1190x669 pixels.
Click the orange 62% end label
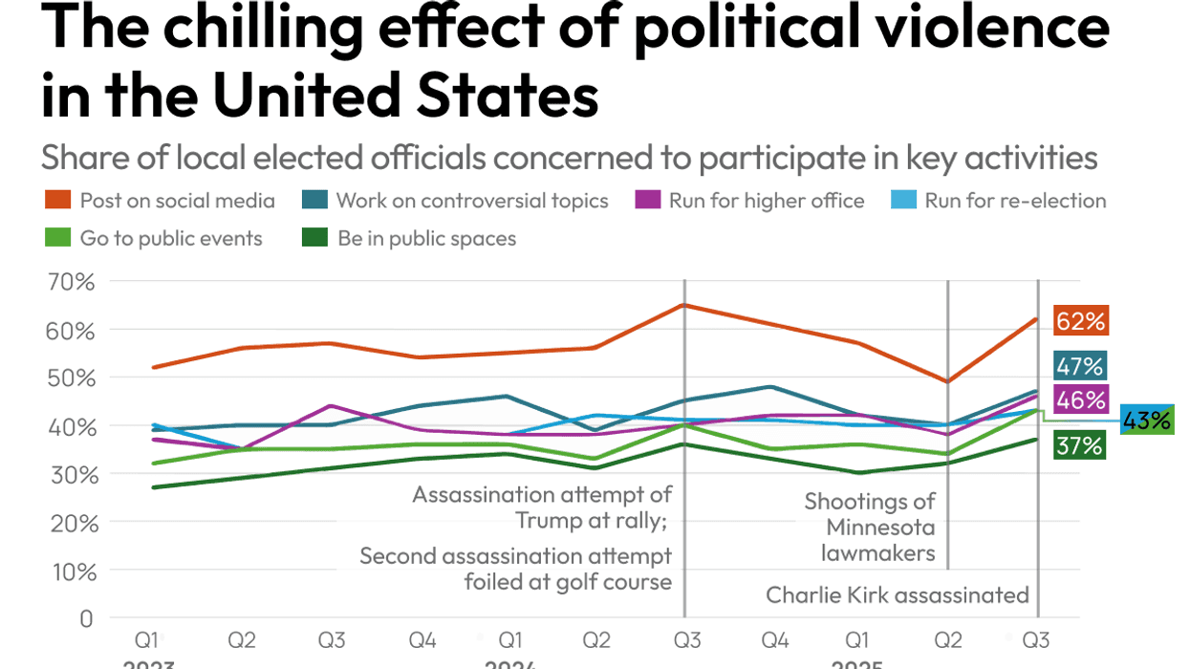(x=1080, y=321)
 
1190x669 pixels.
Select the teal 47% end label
(x=1080, y=366)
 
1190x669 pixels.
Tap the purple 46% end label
(x=1080, y=399)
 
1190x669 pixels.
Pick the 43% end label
(x=1146, y=421)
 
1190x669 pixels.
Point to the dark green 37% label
(x=1080, y=445)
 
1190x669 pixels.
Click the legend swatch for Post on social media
(x=57, y=201)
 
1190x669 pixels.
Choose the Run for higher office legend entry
(x=750, y=201)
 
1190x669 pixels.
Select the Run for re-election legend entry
(x=1000, y=201)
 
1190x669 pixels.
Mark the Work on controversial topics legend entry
(x=458, y=201)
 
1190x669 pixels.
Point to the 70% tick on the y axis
(x=72, y=282)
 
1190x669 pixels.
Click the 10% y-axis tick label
(x=72, y=572)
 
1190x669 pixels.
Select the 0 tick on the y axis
(x=86, y=619)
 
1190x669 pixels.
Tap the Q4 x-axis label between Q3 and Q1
(x=422, y=637)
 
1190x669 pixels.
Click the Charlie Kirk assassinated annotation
(x=897, y=595)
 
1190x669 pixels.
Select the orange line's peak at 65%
(x=684, y=305)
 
